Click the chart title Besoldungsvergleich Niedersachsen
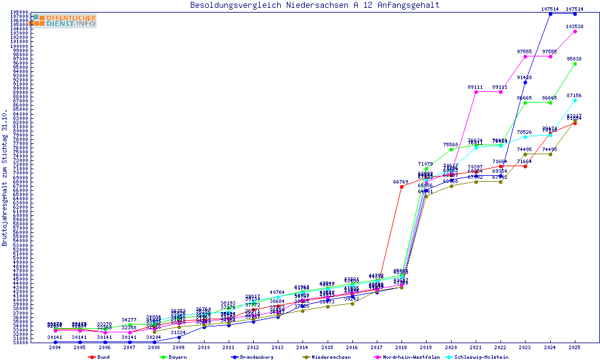click(x=314, y=5)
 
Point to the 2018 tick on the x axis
click(x=401, y=347)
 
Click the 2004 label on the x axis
click(x=55, y=347)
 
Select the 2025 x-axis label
click(x=575, y=347)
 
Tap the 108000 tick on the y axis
click(x=19, y=12)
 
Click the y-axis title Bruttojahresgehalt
click(x=5, y=178)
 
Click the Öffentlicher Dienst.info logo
click(x=64, y=21)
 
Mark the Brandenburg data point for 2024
click(x=550, y=13)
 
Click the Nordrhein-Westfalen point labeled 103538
click(x=575, y=31)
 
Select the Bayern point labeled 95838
click(x=575, y=64)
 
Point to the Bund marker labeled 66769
click(x=401, y=187)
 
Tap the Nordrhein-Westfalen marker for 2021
click(x=476, y=92)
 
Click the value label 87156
click(x=574, y=95)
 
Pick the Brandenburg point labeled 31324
click(x=179, y=337)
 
